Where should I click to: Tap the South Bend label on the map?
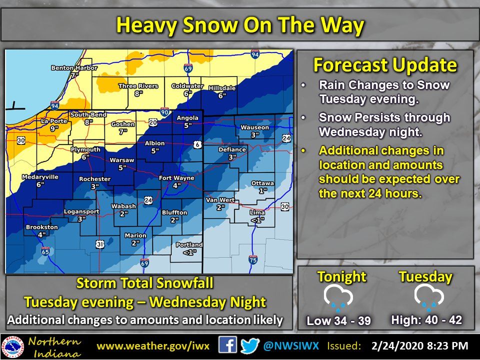88,114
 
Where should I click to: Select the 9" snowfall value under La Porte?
53,128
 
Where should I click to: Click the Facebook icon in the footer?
228,345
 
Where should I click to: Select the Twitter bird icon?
250,345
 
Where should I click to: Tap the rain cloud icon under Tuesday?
426,297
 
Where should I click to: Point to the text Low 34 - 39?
338,320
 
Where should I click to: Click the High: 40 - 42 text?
426,319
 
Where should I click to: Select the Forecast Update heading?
384,65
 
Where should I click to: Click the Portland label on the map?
189,244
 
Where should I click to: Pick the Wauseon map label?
254,127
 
